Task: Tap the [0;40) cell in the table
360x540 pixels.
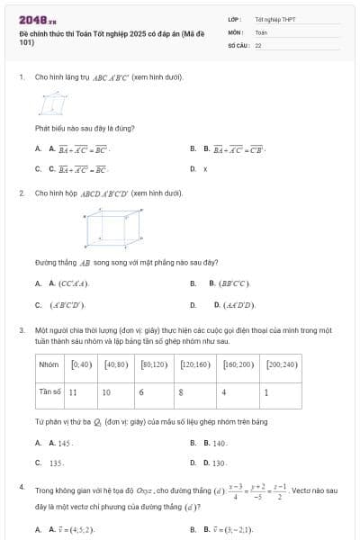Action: tap(81, 365)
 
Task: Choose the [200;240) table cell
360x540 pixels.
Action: tap(282, 365)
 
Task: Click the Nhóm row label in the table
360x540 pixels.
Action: tap(49, 365)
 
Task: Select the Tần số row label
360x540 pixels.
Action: tap(49, 392)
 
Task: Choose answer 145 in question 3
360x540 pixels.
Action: tap(64, 443)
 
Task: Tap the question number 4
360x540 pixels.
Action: tap(21, 487)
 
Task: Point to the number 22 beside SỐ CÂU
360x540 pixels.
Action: tap(258, 45)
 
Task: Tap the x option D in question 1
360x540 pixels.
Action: tap(205, 168)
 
